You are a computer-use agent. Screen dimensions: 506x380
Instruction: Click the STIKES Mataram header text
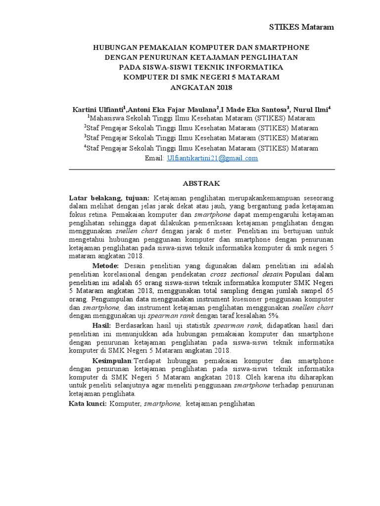[301, 27]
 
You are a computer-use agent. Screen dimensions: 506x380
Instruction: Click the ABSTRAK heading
[201, 183]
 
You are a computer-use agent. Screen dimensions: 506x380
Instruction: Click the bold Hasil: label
[103, 325]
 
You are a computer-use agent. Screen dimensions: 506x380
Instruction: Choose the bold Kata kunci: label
[87, 404]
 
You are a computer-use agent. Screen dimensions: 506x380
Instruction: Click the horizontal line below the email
[201, 169]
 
